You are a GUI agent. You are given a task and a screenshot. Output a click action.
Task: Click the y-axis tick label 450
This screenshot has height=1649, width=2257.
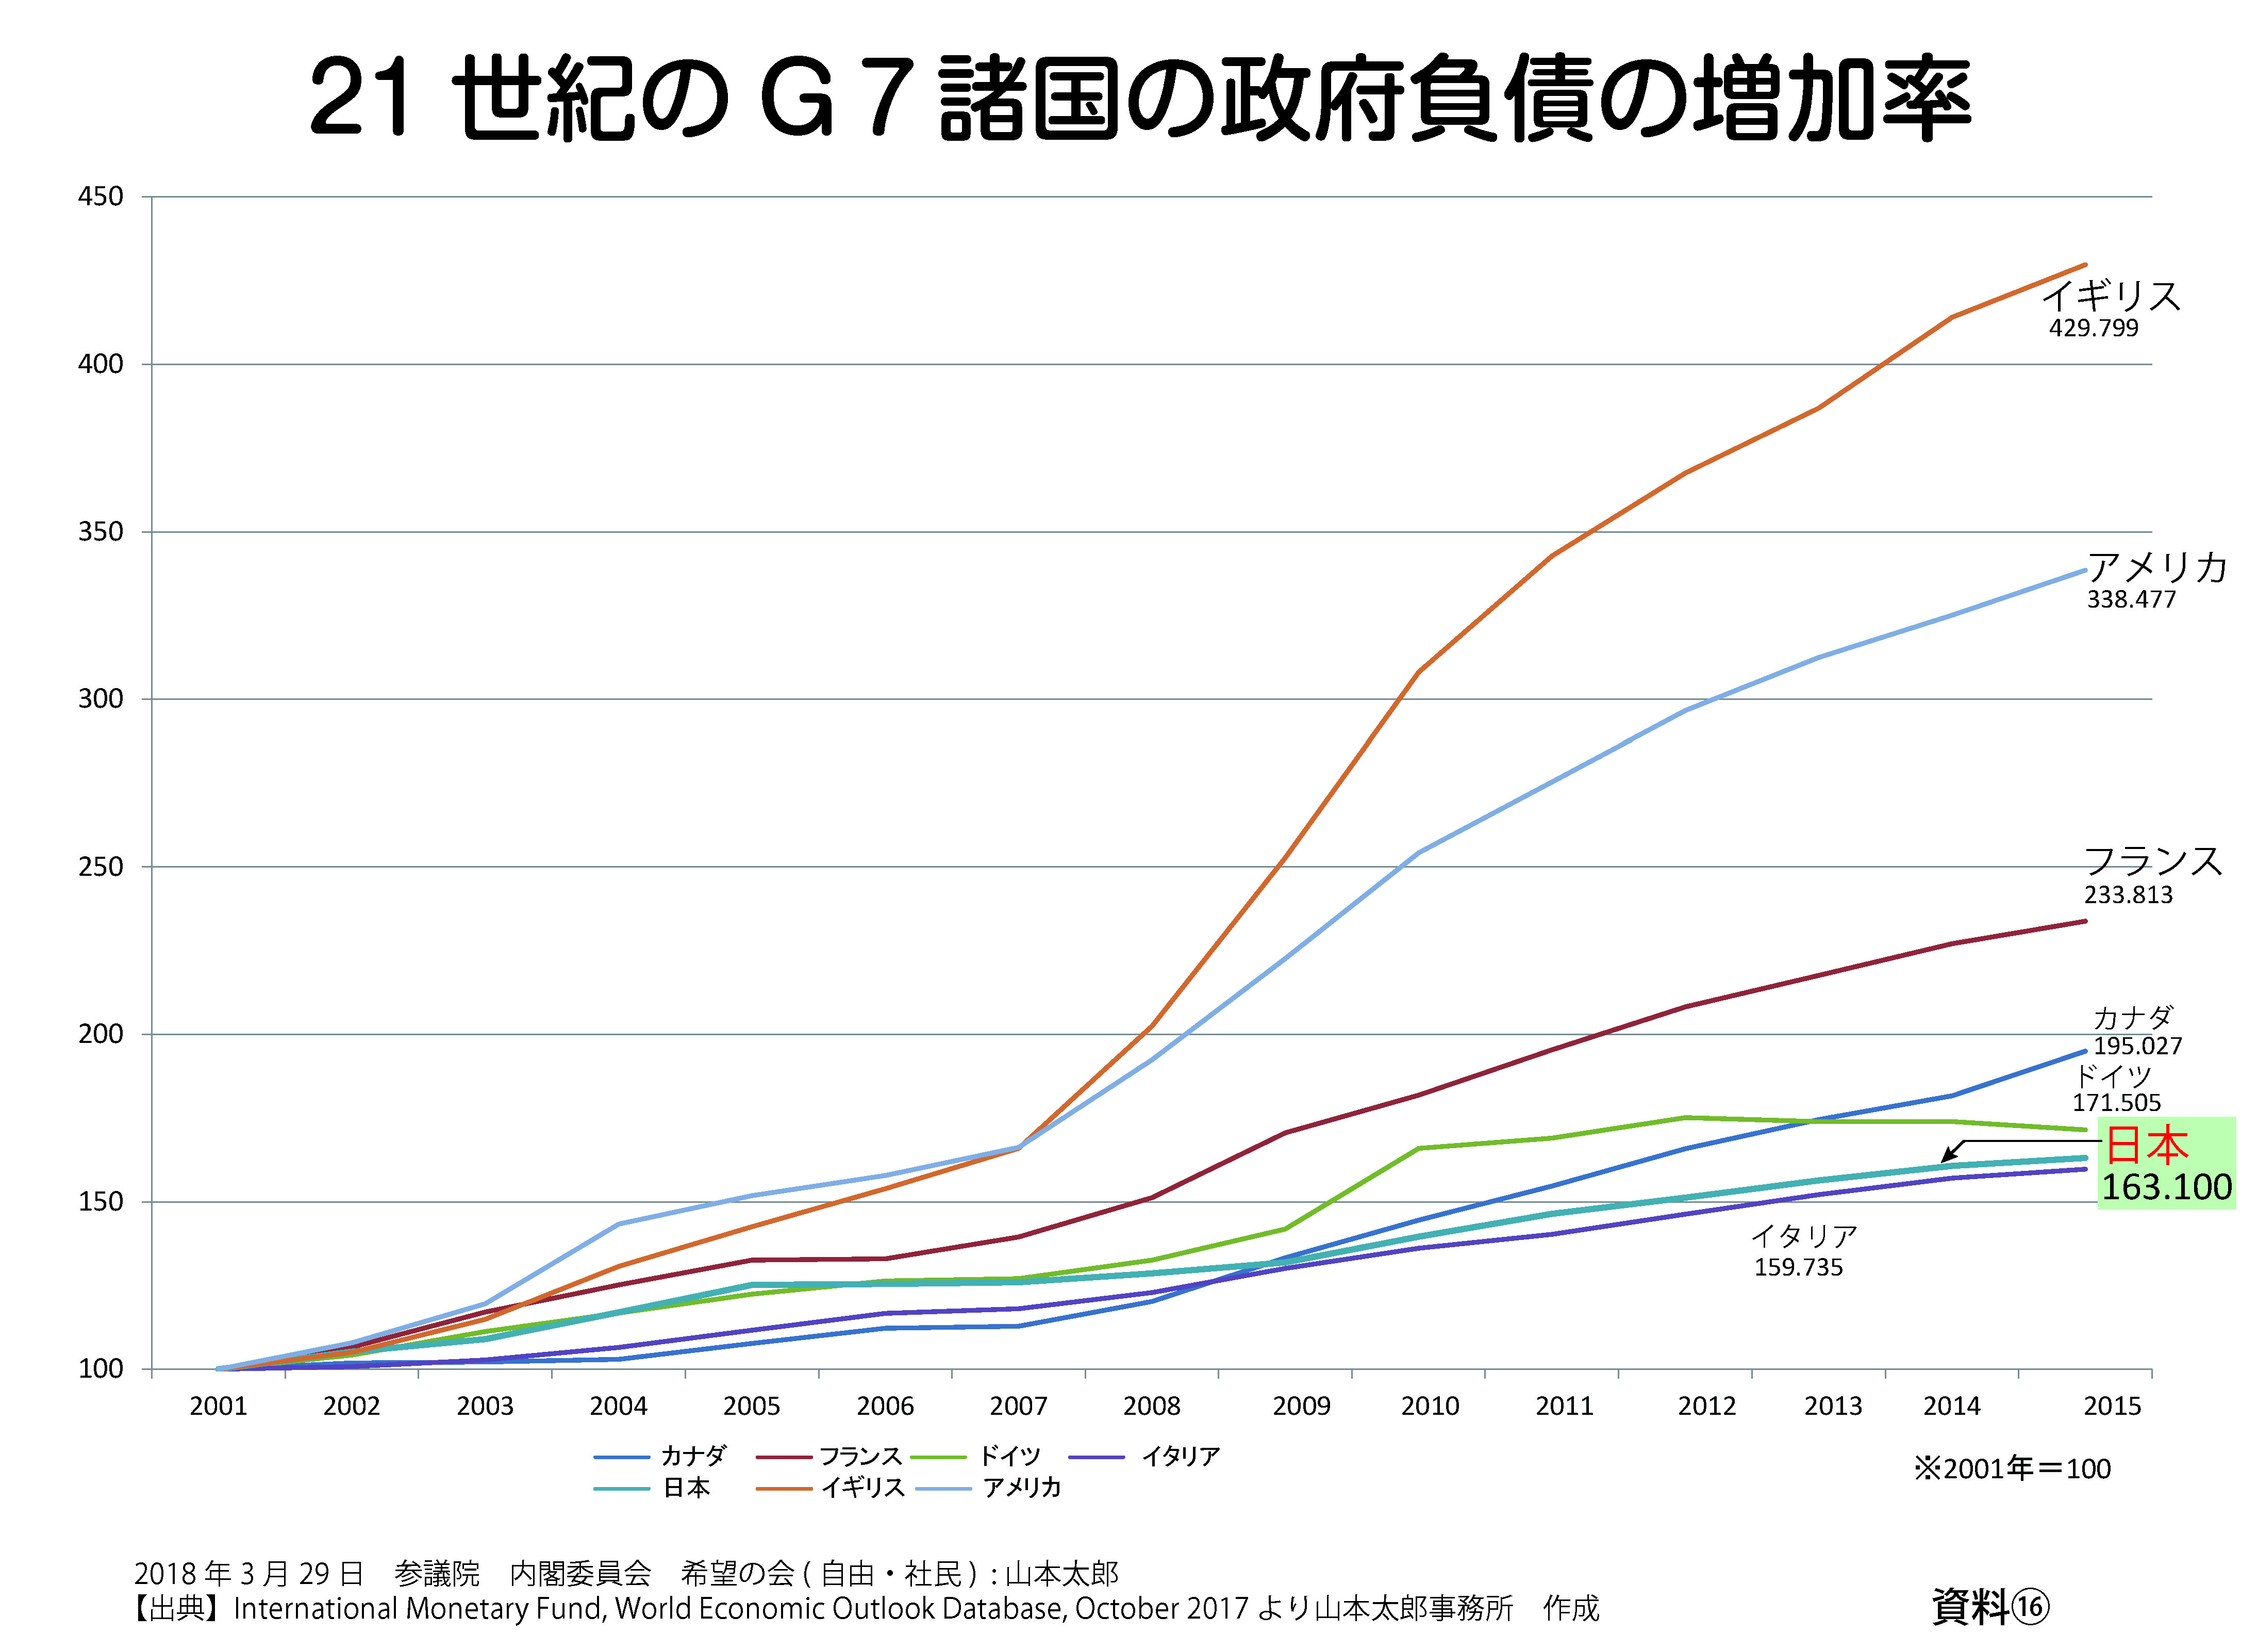click(101, 197)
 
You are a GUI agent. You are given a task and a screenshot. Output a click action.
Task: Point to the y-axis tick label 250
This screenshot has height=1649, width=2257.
click(101, 867)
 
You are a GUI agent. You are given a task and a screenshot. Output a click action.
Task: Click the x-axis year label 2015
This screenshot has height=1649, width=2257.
click(2111, 1407)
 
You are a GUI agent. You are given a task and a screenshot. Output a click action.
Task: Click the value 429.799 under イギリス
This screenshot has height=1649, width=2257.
click(2094, 329)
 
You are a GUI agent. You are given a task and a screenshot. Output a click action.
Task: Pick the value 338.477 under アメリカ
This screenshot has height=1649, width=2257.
click(2130, 600)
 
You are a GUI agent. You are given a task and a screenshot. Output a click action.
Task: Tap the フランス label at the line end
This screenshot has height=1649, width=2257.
click(2152, 860)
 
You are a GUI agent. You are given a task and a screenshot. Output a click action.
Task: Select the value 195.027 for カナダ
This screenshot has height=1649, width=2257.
click(2137, 1046)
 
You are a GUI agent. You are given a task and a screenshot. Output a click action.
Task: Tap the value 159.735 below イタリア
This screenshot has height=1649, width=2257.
click(1798, 1268)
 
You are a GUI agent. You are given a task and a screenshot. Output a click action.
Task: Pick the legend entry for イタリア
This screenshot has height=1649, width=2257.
click(1180, 1457)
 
